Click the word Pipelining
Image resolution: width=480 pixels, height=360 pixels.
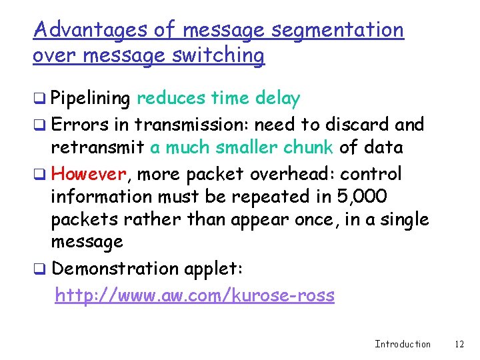(x=91, y=99)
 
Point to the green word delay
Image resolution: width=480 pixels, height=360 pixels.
(x=279, y=99)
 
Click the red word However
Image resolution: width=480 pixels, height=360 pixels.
(x=89, y=175)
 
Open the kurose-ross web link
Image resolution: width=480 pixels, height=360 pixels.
(x=194, y=295)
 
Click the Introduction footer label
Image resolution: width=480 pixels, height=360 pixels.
(x=403, y=344)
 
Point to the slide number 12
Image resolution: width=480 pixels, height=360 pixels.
(x=459, y=344)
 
